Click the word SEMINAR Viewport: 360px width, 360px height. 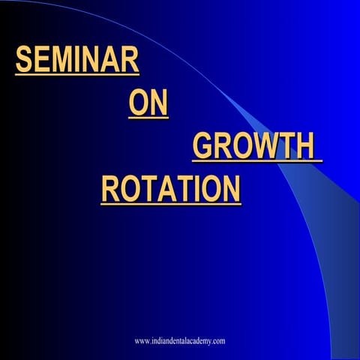click(77, 60)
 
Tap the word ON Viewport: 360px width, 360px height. click(148, 103)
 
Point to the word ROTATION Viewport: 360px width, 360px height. click(171, 189)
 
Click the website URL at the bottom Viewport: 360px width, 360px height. click(180, 341)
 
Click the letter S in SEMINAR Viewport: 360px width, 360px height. click(24, 60)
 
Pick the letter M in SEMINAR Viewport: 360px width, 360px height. click(60, 60)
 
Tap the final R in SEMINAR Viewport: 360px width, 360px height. click(130, 60)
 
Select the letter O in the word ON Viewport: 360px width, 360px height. click(139, 103)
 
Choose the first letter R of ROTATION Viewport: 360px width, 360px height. click(110, 189)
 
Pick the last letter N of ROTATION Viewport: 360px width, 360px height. click(232, 189)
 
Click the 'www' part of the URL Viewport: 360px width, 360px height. click(142, 341)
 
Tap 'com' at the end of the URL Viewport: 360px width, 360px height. click(218, 341)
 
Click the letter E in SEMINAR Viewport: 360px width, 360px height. click(41, 60)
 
